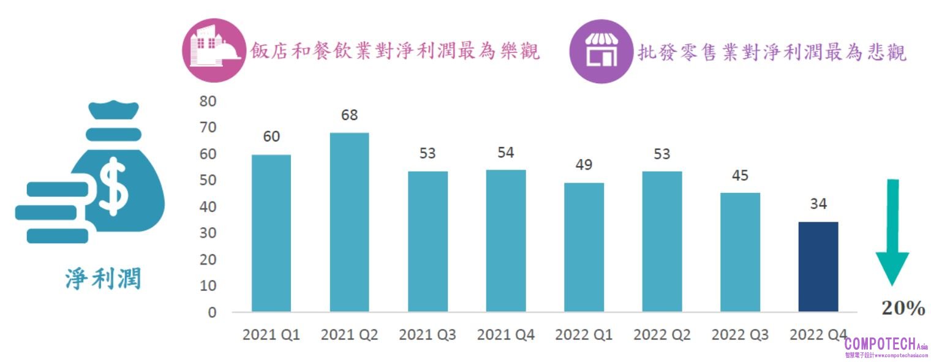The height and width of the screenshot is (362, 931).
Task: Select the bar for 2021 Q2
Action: (349, 222)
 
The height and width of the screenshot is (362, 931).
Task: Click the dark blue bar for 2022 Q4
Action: (818, 266)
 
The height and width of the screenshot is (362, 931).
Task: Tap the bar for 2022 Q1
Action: (584, 247)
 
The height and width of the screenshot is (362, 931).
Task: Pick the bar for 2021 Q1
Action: (271, 233)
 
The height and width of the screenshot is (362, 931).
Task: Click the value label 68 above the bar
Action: (349, 115)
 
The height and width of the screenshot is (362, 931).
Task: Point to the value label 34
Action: (818, 204)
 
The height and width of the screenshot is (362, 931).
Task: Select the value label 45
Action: (740, 175)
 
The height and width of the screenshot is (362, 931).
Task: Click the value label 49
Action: (584, 165)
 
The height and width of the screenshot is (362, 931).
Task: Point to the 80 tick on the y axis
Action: (208, 101)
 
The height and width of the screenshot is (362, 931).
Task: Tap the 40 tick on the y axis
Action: (208, 207)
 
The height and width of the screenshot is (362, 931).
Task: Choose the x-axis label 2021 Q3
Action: (428, 335)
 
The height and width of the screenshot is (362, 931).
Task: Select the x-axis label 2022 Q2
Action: (662, 335)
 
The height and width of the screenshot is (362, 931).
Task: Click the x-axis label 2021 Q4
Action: (506, 335)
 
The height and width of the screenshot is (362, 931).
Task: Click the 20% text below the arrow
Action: (903, 309)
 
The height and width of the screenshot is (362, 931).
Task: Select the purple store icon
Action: (600, 51)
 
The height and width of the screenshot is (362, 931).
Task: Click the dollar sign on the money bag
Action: (115, 184)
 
